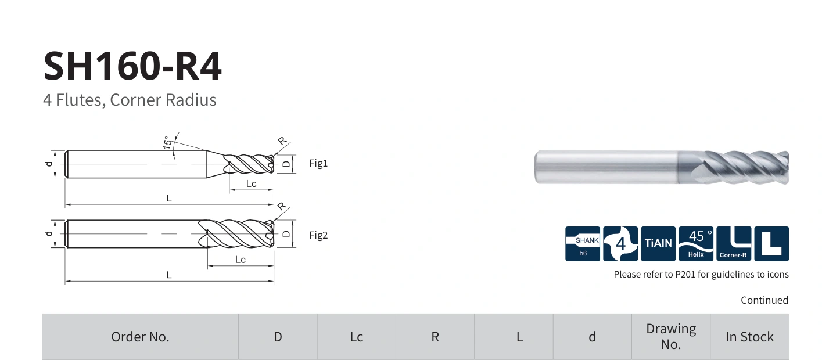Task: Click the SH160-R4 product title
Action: pos(132,66)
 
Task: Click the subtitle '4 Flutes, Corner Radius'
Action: pos(130,100)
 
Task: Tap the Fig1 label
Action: pos(318,163)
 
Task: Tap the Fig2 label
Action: pos(318,235)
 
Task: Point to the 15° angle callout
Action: pos(168,143)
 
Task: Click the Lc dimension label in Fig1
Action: pos(251,183)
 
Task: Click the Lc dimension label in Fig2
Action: pos(241,260)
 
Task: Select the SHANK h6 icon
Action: pos(583,244)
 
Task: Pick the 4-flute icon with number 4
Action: pos(620,244)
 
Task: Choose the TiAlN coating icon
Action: pos(658,244)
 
